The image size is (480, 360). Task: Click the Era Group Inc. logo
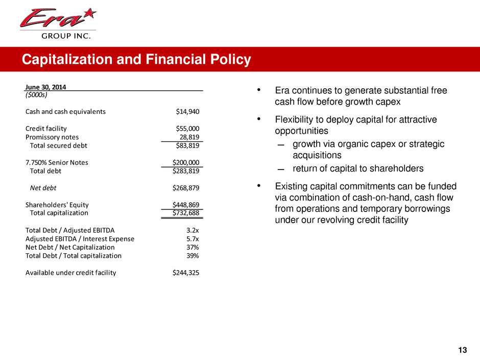(x=58, y=22)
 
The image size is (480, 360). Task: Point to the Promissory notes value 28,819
(x=189, y=137)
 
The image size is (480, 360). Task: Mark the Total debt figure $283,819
(x=186, y=171)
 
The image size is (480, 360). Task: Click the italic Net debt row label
(x=43, y=187)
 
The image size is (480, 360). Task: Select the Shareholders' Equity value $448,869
(x=186, y=205)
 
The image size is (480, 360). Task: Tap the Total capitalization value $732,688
(x=186, y=213)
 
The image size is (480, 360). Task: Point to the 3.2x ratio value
(x=193, y=230)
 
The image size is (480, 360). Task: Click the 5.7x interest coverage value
(x=193, y=238)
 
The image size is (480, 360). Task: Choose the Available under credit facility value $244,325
(x=186, y=272)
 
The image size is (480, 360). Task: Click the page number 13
(x=462, y=350)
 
